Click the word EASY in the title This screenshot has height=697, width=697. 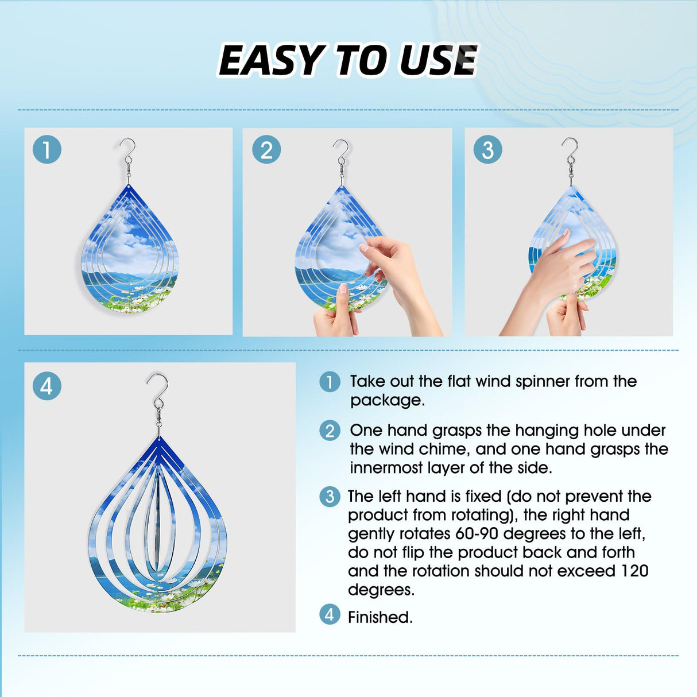point(270,60)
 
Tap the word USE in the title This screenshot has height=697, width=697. point(438,60)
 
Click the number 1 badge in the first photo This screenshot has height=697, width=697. point(47,150)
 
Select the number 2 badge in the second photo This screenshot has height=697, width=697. point(266,150)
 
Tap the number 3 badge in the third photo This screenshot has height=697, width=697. point(487,150)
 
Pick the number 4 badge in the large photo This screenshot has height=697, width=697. point(47,386)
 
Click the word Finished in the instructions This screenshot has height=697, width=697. point(380,617)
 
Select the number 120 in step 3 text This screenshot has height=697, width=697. point(634,571)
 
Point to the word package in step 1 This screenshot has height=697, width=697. point(388,400)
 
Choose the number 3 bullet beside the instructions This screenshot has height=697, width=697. point(330,496)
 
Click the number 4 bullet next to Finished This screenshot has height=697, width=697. point(330,615)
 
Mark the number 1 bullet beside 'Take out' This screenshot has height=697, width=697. point(330,381)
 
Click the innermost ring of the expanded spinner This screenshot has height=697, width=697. point(158,517)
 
